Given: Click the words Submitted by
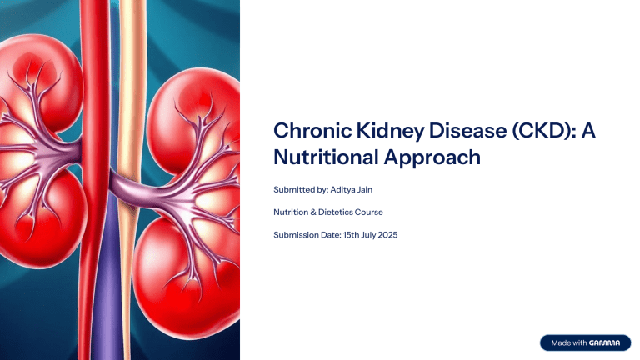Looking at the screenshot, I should (x=301, y=190).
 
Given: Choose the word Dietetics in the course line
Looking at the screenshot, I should (x=332, y=212).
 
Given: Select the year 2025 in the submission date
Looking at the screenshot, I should (x=386, y=235).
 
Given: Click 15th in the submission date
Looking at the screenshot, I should (x=349, y=235).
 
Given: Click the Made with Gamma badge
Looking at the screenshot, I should (x=583, y=342).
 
